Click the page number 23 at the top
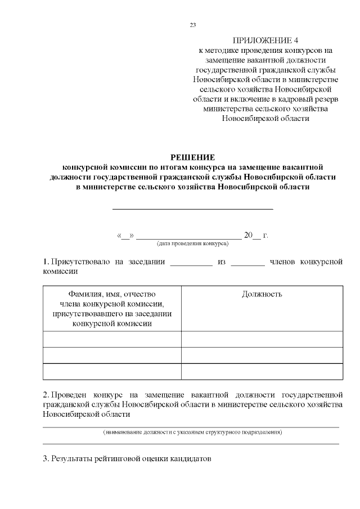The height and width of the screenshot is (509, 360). coord(193,25)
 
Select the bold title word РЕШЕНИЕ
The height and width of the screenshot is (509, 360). coord(193,157)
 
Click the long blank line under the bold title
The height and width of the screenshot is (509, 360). coord(193,208)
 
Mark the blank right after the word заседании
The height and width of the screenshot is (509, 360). coord(191,263)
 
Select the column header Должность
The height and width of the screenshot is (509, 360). coord(262,294)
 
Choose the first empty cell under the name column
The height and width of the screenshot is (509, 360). coord(112,339)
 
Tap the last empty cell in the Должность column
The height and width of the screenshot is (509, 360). coord(262,372)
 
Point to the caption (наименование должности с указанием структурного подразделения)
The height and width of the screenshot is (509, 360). coord(192,433)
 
